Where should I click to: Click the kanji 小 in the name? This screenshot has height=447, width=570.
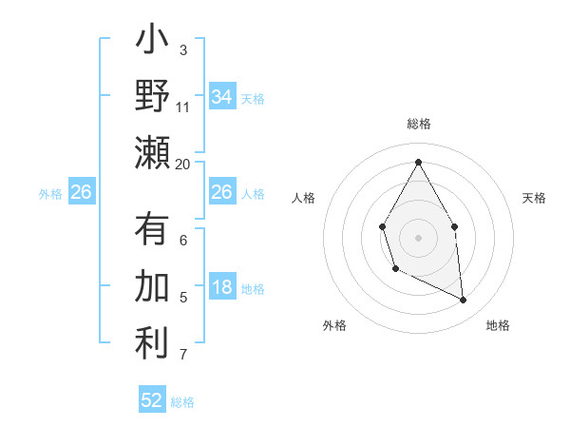coord(152,44)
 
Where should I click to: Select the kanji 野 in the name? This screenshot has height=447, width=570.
coord(152,96)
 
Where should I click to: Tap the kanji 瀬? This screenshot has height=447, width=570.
coord(152,152)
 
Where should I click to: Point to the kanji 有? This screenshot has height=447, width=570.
coord(152,230)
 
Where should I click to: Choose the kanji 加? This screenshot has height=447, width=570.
coord(152,286)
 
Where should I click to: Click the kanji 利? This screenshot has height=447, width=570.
coord(152,343)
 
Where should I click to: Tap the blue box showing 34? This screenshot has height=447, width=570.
coord(221,97)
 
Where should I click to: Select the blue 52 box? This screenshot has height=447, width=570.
coord(152,400)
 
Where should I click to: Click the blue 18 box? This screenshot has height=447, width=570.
coord(221,288)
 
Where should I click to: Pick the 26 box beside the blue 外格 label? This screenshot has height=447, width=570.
coord(82,192)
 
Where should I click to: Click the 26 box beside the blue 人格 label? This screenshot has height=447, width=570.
coord(221,192)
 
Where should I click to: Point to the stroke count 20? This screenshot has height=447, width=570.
coord(183,165)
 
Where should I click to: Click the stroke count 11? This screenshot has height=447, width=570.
coord(183,107)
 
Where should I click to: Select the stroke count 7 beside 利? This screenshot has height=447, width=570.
coord(182,356)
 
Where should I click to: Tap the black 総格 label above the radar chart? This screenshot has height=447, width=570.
coord(418,124)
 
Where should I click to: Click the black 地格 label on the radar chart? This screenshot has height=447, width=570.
coord(498,325)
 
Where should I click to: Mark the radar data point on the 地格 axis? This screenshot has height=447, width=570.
coord(464,301)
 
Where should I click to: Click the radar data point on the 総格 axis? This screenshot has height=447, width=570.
coord(418,161)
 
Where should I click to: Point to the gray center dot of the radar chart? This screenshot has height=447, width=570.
coord(418,237)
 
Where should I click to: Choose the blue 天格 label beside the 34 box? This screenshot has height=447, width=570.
coord(253,98)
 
